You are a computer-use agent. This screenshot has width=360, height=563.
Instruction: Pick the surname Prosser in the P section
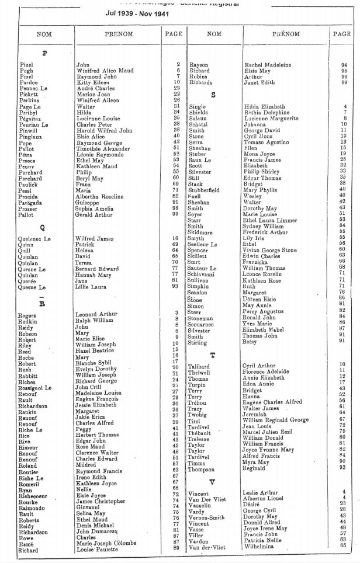tap(30, 208)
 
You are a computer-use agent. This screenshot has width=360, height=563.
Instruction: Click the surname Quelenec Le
tap(35, 239)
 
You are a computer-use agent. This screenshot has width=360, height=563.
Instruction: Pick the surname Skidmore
tap(201, 232)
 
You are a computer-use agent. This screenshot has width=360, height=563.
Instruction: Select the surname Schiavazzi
tap(204, 274)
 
